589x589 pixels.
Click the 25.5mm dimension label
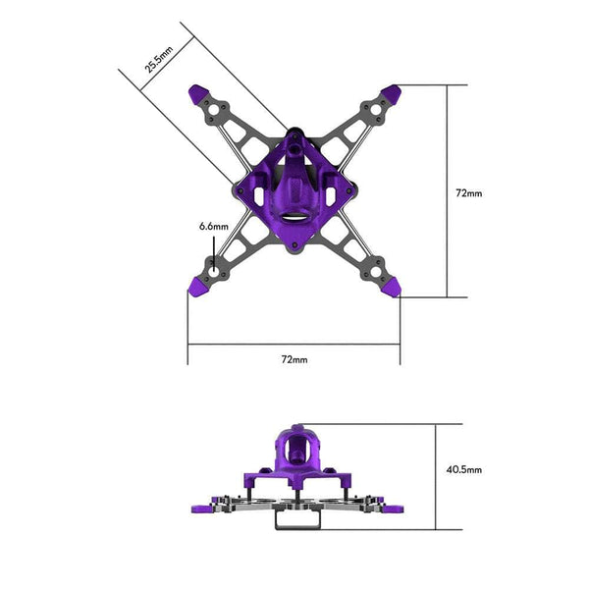coord(158,59)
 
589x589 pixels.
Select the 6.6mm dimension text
coord(213,227)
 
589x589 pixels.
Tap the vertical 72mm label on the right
coord(469,193)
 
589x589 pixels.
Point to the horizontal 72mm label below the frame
coord(294,359)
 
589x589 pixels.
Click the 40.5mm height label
coord(464,469)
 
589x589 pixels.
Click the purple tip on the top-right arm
coord(391,94)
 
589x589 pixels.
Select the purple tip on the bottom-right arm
coord(391,288)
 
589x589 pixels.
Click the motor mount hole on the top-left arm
coord(214,110)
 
